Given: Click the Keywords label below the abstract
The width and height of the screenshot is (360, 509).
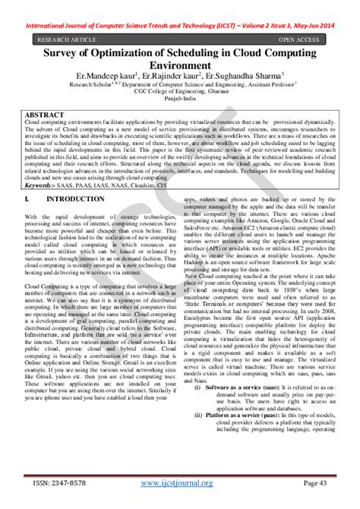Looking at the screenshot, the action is (43, 185).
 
